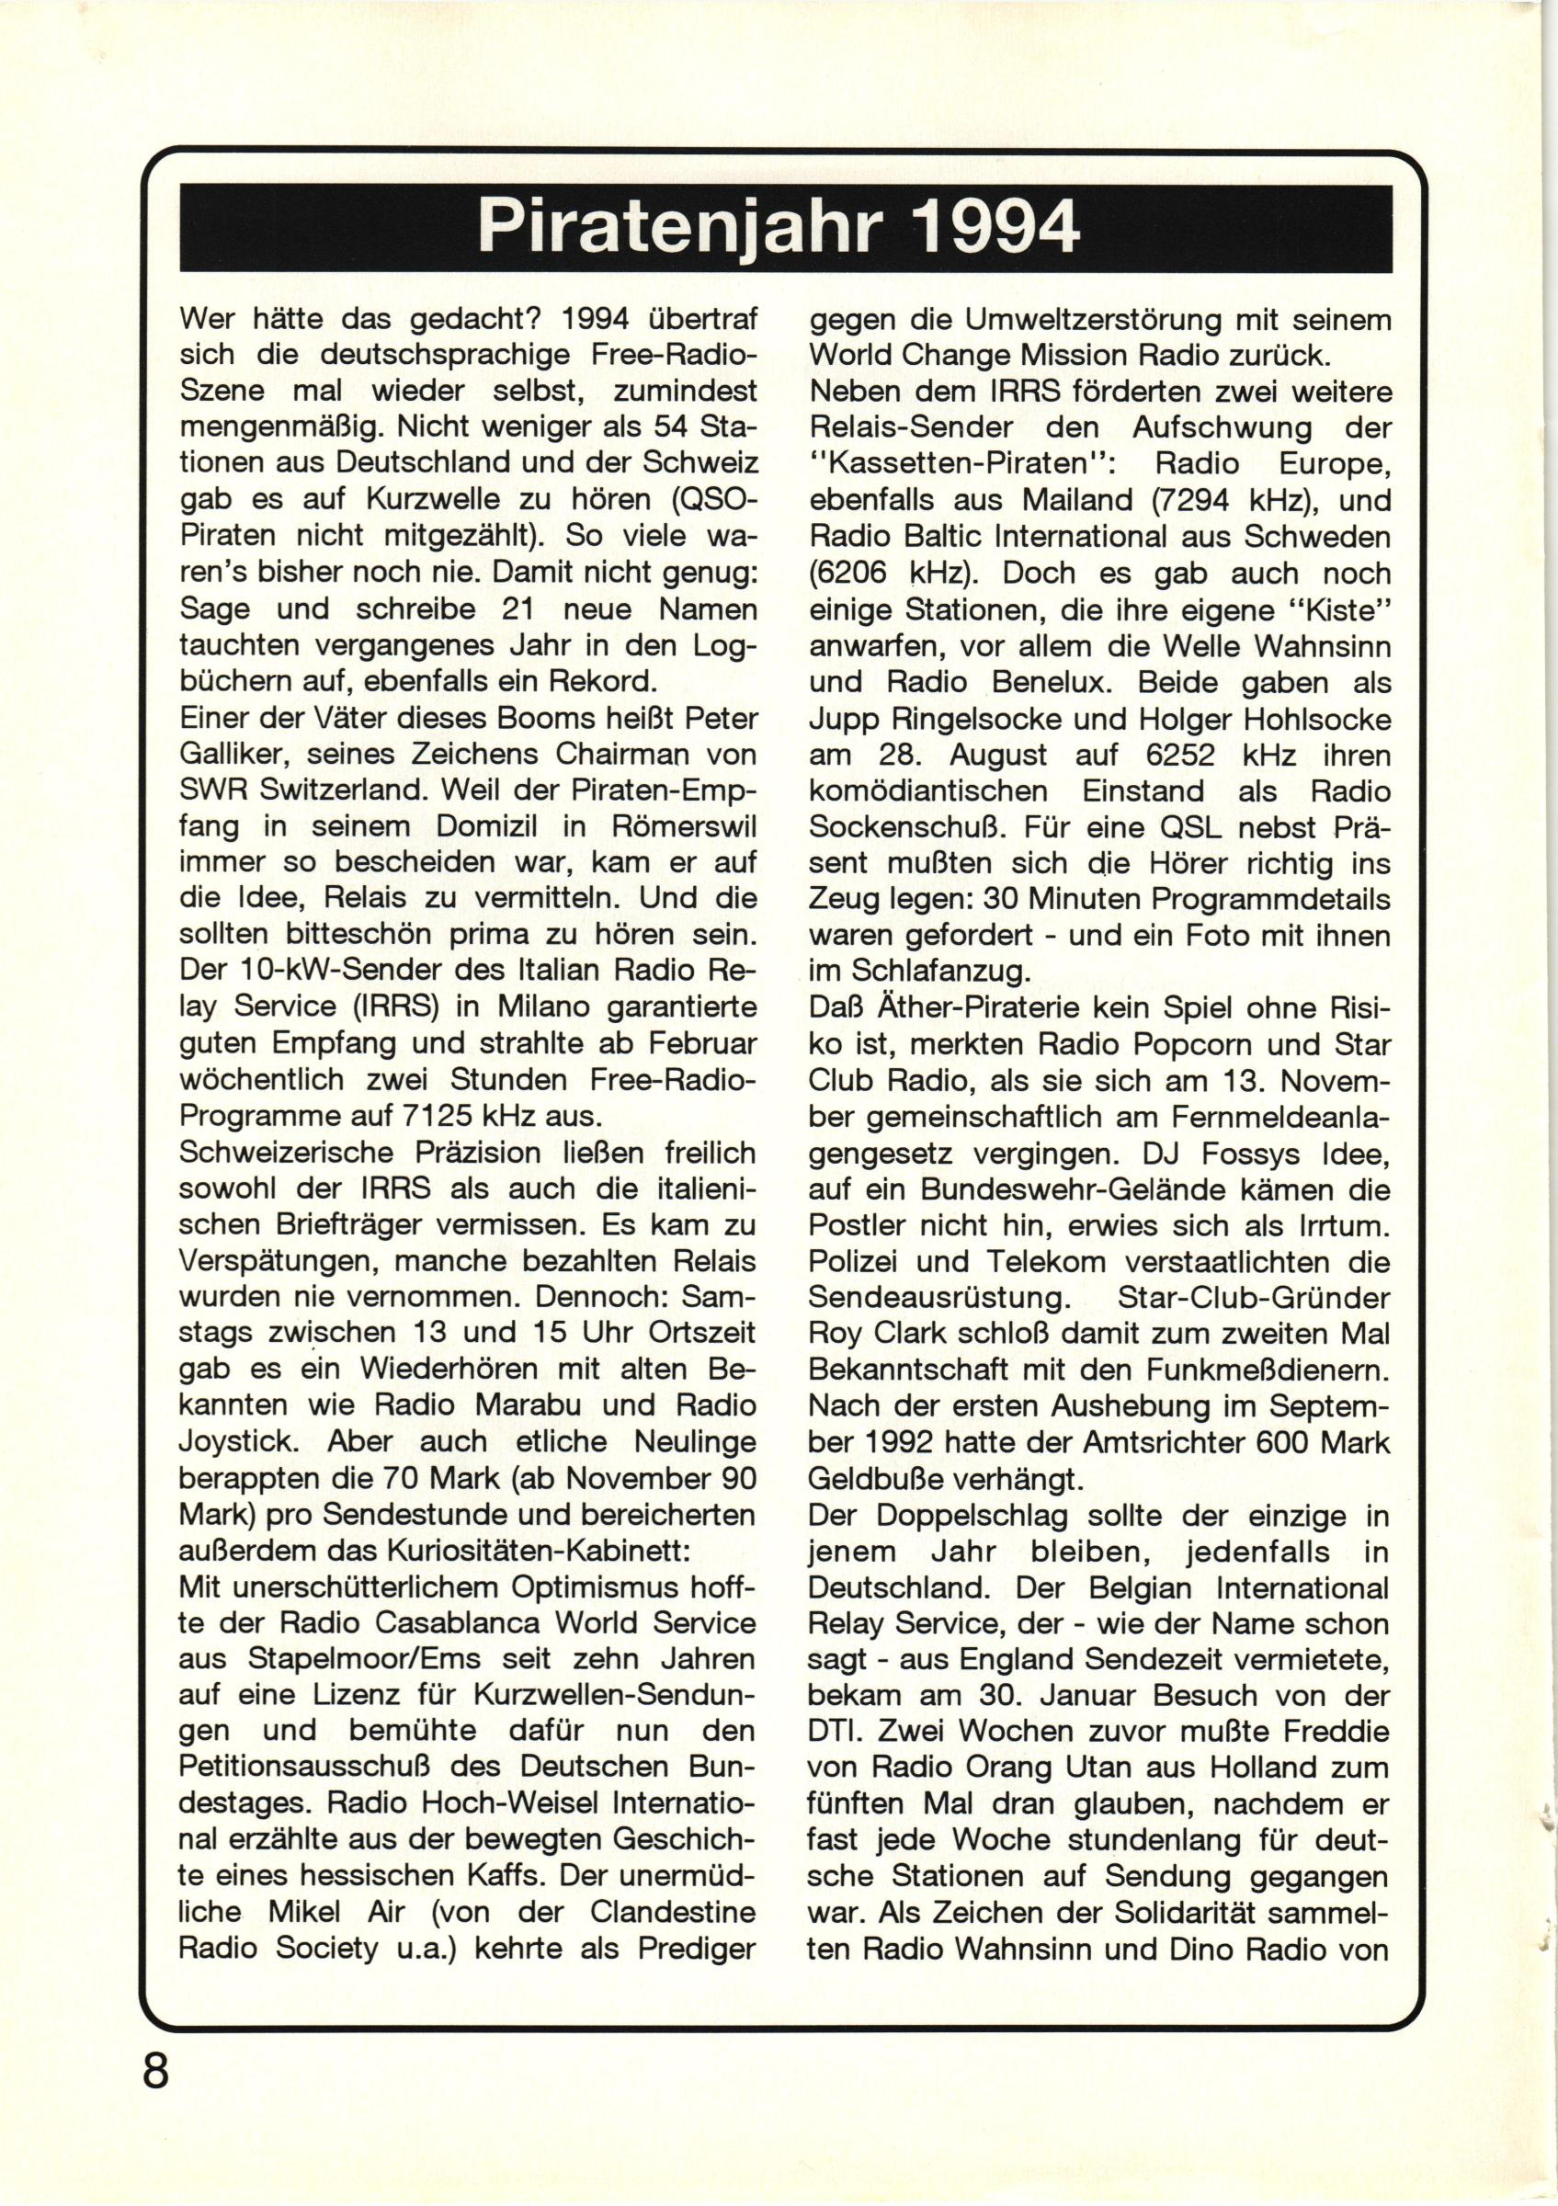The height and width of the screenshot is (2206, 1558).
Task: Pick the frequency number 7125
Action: coord(427,1118)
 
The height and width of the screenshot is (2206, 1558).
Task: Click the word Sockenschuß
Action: coord(902,827)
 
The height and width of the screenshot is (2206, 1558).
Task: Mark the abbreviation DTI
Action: coord(833,1733)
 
